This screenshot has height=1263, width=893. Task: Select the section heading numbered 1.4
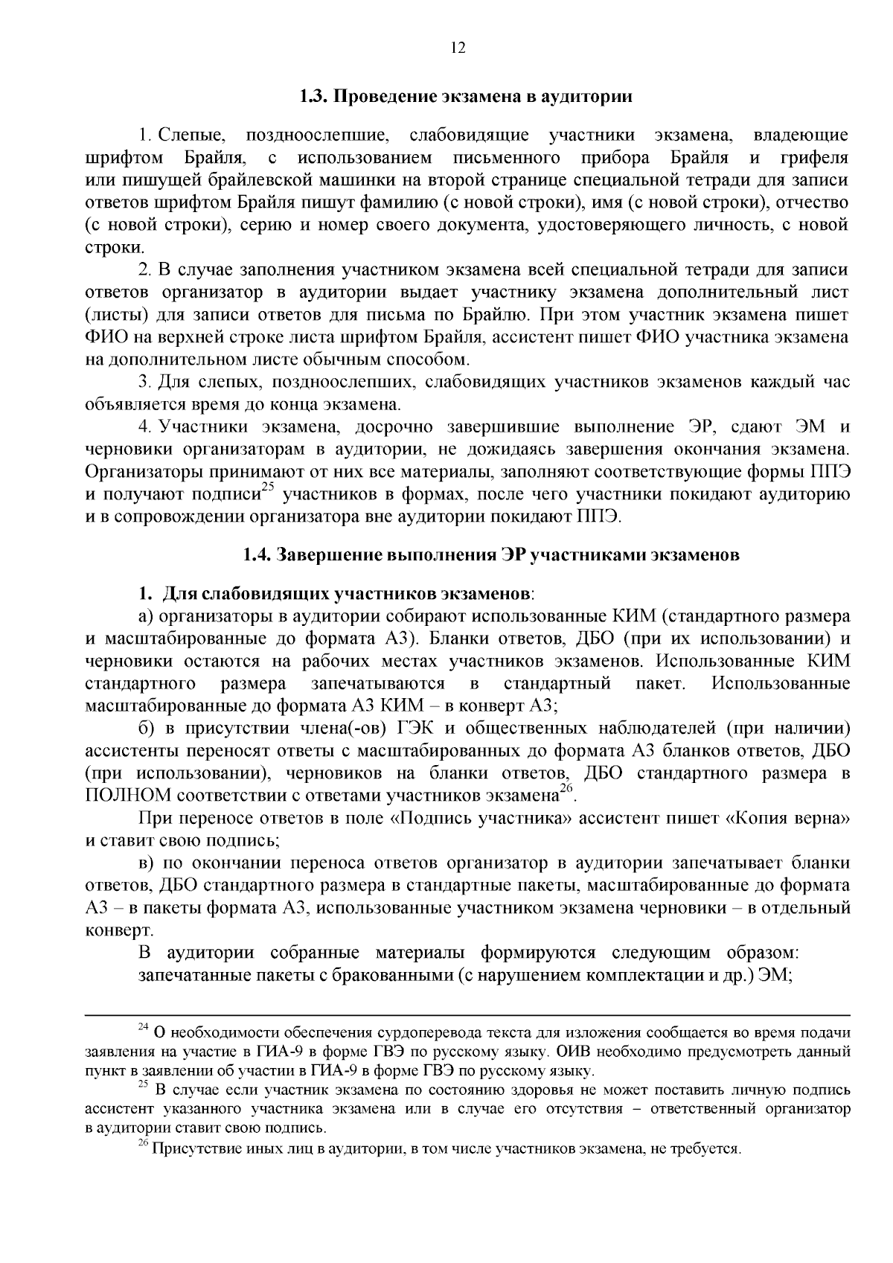coord(491,555)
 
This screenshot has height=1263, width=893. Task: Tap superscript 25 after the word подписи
coord(268,489)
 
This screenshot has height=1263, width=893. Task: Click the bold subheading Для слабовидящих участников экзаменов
coord(346,594)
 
